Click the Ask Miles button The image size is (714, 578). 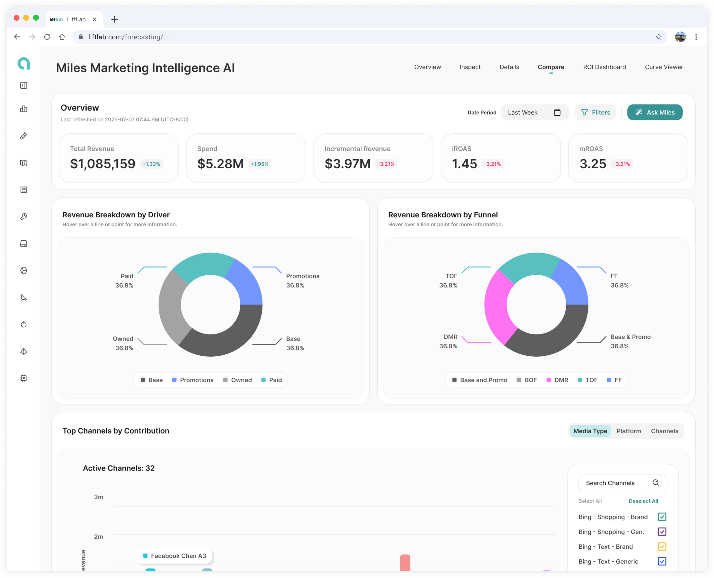click(x=654, y=112)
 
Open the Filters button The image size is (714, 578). click(x=595, y=112)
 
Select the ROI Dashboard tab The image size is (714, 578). click(x=604, y=67)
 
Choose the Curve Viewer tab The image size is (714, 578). click(x=664, y=67)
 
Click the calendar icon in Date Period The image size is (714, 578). click(x=557, y=112)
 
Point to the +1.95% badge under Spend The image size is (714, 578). click(x=259, y=164)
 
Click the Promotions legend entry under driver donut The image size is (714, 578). click(x=193, y=380)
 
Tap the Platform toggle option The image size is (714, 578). click(x=629, y=431)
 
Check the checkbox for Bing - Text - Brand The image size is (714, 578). click(x=662, y=546)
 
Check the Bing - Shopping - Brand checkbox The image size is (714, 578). click(x=662, y=517)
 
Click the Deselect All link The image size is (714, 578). click(x=643, y=501)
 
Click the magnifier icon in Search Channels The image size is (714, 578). click(x=655, y=483)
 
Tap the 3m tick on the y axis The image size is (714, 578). click(x=99, y=497)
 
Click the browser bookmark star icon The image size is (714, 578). click(x=658, y=37)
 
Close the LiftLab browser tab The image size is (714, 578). click(x=94, y=19)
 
